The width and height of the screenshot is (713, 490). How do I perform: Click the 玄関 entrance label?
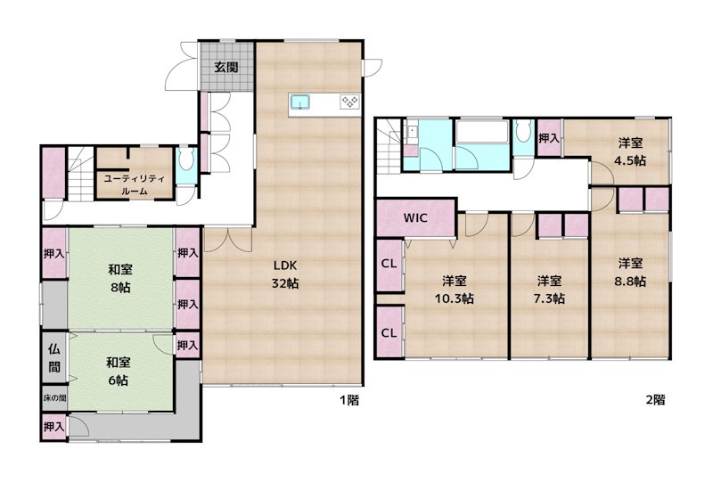(x=226, y=68)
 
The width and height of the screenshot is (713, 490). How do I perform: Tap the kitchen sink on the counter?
(x=300, y=102)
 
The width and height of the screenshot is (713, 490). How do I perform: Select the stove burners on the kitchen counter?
(x=350, y=102)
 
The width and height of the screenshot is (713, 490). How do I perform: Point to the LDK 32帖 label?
(x=285, y=274)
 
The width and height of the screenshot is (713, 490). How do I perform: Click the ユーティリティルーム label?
(x=135, y=185)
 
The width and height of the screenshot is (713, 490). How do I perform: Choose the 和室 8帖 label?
(x=120, y=278)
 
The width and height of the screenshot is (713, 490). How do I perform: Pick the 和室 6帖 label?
(x=119, y=372)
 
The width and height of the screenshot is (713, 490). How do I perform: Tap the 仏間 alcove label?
(x=54, y=358)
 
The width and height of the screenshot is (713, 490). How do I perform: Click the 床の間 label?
(x=54, y=398)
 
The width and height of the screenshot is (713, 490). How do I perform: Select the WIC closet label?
(x=415, y=217)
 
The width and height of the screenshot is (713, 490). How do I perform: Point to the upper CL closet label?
(x=389, y=264)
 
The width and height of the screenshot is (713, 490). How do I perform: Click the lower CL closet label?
(x=389, y=332)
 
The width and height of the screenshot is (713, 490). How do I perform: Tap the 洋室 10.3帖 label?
(x=455, y=290)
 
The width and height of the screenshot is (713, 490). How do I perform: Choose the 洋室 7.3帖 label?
(x=549, y=290)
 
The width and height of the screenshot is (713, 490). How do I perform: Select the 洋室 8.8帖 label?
(x=630, y=273)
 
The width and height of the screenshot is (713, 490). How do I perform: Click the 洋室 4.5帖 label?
(x=630, y=151)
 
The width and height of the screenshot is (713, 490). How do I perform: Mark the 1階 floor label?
(x=349, y=400)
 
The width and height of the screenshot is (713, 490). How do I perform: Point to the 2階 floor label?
(x=656, y=399)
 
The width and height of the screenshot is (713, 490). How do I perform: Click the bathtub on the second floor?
(x=482, y=132)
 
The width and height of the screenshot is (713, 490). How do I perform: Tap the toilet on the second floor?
(x=524, y=133)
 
